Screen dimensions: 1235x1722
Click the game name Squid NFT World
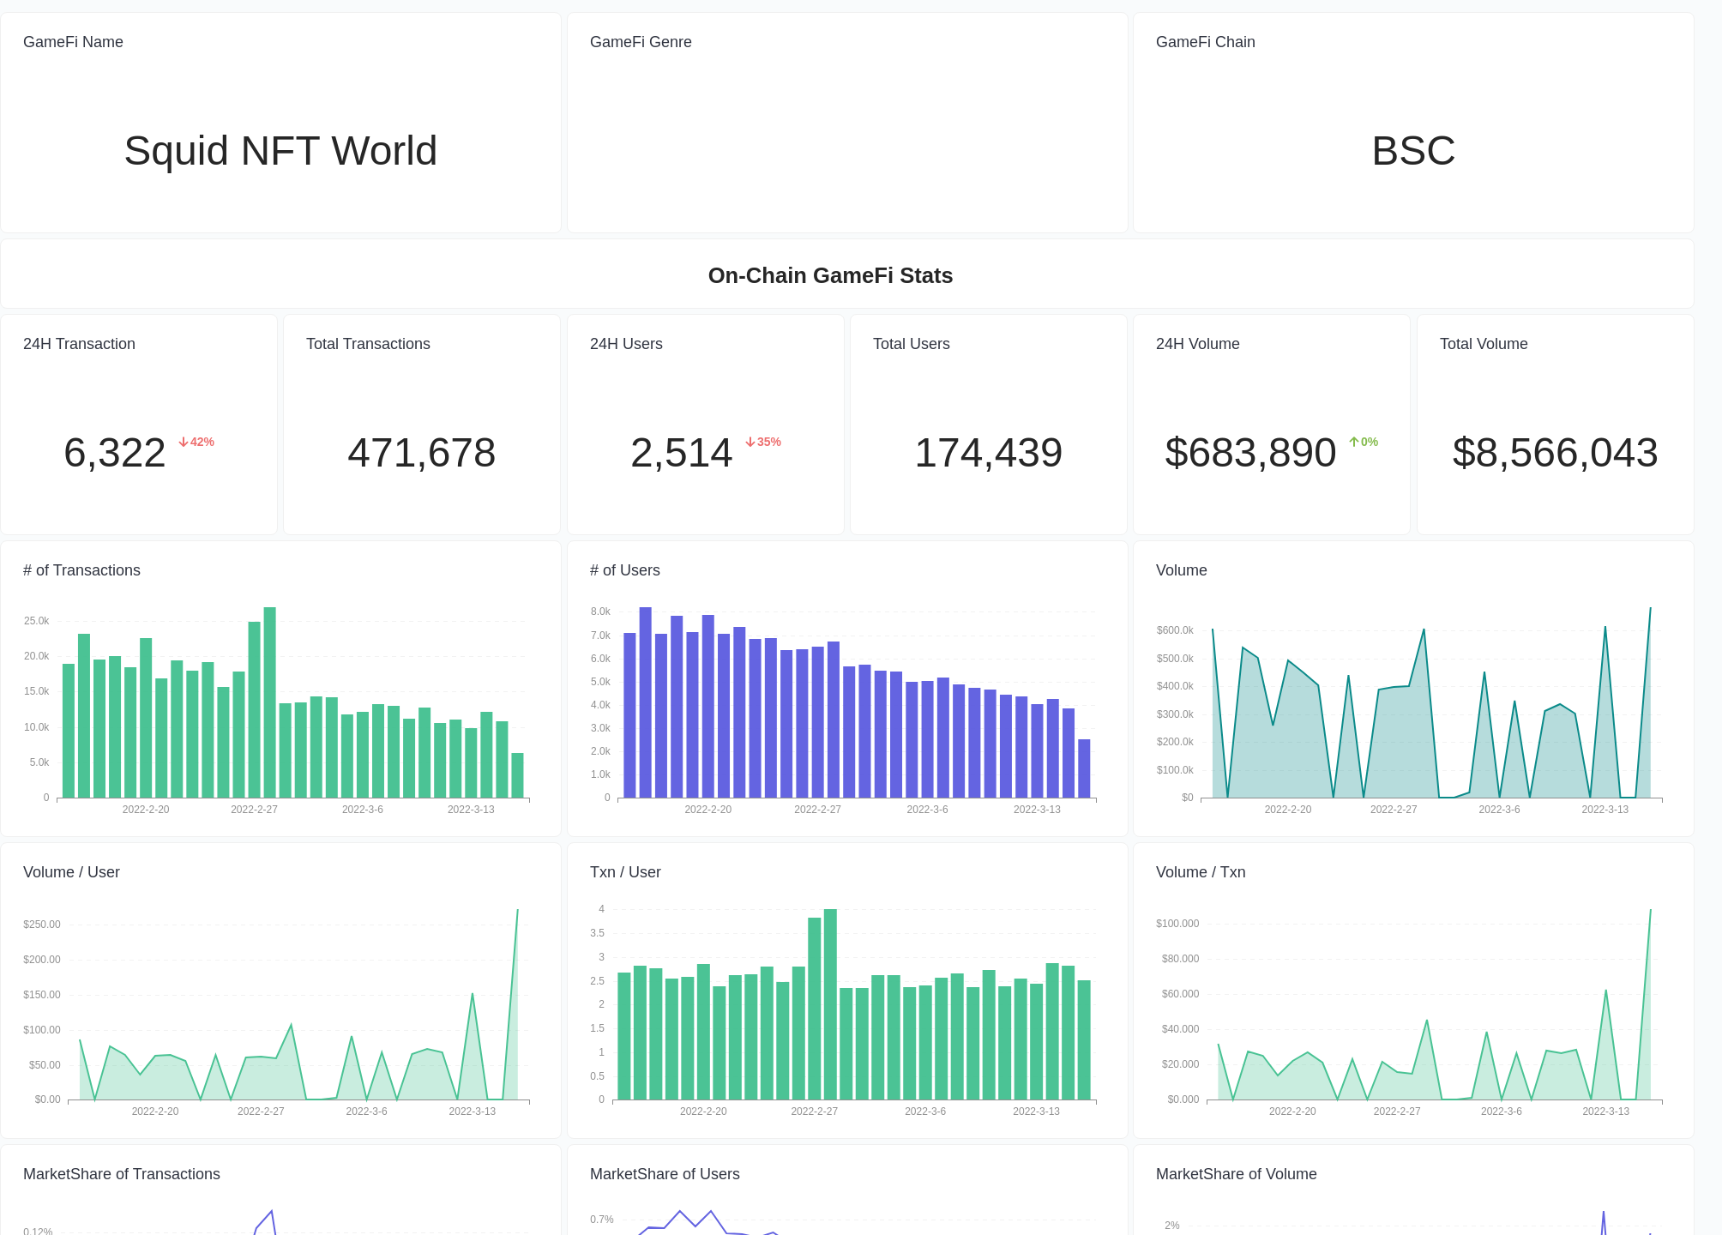pos(280,151)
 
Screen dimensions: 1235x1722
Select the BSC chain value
pos(1412,151)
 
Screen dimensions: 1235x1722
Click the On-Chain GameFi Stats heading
pos(829,275)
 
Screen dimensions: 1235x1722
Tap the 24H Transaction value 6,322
pos(115,453)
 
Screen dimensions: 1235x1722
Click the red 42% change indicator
pos(196,442)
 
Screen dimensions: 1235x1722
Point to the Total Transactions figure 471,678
pos(421,453)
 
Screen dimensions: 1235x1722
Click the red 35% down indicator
pos(763,442)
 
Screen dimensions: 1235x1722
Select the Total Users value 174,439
pos(988,453)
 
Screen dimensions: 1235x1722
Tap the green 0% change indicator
pos(1364,442)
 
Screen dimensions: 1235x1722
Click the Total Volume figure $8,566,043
pos(1555,453)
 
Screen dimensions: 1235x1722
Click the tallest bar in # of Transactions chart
pos(269,702)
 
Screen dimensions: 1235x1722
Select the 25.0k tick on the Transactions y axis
pos(37,621)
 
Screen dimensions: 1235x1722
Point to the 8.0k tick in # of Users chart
pos(600,611)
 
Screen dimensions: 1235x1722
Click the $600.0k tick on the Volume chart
pos(1175,630)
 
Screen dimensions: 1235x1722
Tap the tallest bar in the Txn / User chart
pos(830,1003)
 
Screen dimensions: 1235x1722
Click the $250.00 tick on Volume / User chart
pos(42,925)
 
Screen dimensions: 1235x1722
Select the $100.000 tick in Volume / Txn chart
pos(1177,924)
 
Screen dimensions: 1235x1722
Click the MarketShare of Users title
pos(664,1174)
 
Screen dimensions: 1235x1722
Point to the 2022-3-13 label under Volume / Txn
pos(1605,1111)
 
